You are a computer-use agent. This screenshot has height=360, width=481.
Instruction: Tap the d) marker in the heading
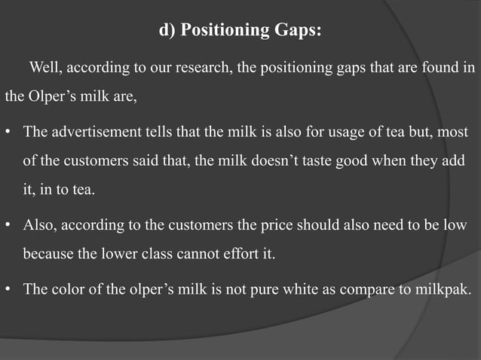pyautogui.click(x=167, y=31)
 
